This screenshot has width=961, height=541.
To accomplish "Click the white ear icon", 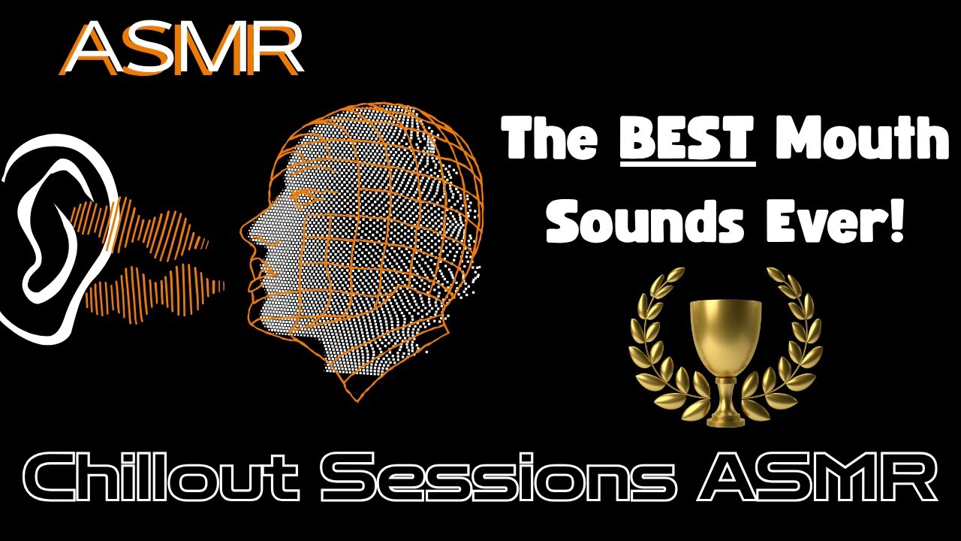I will click(x=53, y=240).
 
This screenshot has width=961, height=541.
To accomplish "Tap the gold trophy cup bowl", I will click(x=725, y=331).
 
